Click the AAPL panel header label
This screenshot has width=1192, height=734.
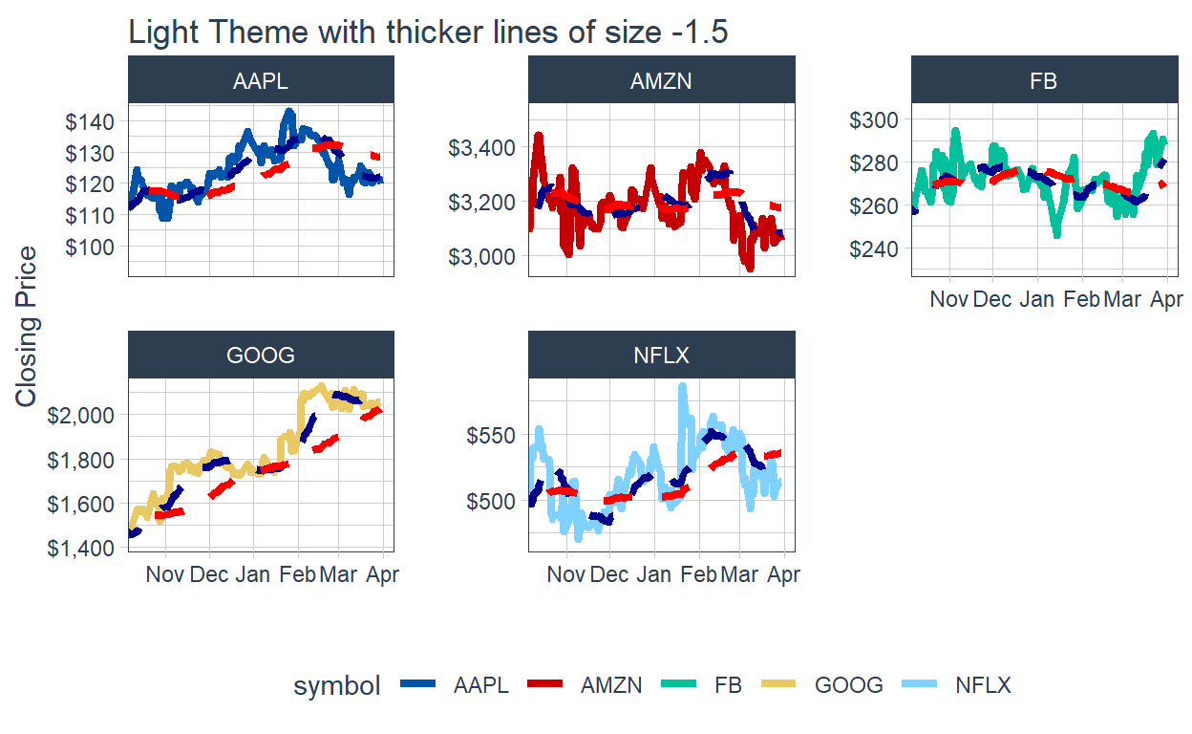tap(260, 81)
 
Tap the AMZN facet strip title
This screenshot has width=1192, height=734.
tap(661, 81)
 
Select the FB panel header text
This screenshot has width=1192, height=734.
tap(1043, 81)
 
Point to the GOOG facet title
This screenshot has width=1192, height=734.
tap(260, 356)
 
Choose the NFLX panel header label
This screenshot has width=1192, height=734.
tap(661, 356)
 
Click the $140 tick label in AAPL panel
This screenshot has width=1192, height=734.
tap(90, 122)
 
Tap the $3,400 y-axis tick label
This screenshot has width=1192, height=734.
tap(481, 147)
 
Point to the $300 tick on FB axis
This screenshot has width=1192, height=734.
tap(873, 119)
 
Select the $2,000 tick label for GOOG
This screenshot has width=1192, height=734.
tap(80, 415)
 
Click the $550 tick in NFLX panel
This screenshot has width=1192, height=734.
tap(491, 435)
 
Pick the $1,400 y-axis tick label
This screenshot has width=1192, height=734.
tap(80, 548)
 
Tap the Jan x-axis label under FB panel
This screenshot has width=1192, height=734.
tap(1036, 299)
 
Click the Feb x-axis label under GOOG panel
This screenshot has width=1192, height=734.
tap(297, 574)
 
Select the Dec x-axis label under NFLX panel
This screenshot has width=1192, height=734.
tap(608, 574)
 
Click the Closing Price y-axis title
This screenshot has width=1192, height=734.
tap(26, 327)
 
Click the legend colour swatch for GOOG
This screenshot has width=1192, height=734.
tap(778, 684)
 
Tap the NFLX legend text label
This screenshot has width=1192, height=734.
tap(983, 685)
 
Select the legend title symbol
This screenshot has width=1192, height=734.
tap(337, 686)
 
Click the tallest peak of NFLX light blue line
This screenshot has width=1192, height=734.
tap(682, 385)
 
